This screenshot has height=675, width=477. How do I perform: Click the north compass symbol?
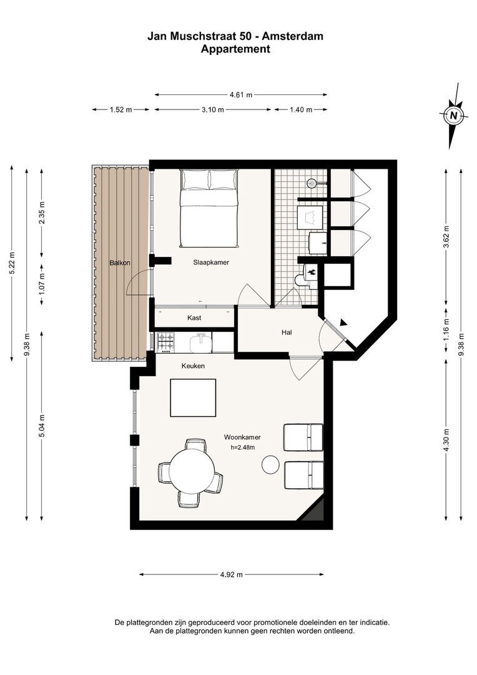[x=453, y=116]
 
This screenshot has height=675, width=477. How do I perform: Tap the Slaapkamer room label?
[x=211, y=262]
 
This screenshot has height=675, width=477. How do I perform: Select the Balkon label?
[x=120, y=262]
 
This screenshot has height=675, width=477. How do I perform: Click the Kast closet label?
[x=194, y=318]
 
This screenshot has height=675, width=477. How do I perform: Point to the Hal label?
[x=287, y=332]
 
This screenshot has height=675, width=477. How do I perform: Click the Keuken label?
[x=193, y=366]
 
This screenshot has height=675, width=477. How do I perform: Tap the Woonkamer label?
[x=242, y=437]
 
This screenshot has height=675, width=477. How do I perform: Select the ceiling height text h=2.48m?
[x=243, y=447]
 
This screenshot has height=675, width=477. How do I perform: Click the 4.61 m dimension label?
[x=241, y=95]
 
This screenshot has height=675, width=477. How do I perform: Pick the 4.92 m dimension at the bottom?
[x=232, y=574]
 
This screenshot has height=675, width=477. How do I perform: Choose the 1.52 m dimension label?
[x=120, y=110]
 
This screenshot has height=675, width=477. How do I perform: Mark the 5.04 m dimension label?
[x=42, y=426]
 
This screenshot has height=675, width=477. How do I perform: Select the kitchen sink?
[x=202, y=343]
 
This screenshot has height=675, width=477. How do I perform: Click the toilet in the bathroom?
[x=307, y=276]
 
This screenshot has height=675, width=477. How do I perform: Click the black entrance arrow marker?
[x=343, y=322]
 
